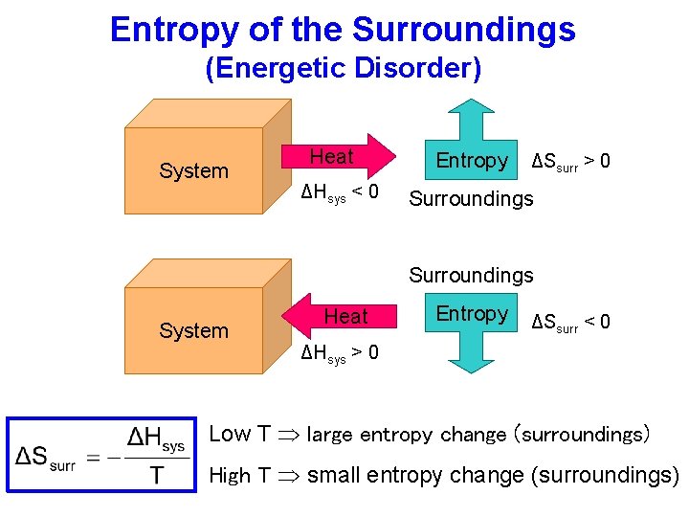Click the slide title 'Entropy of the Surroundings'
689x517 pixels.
pyautogui.click(x=343, y=30)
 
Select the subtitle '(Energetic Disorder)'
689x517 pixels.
pyautogui.click(x=344, y=69)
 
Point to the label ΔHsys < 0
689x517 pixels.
pyautogui.click(x=340, y=193)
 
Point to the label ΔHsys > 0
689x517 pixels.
pyautogui.click(x=340, y=353)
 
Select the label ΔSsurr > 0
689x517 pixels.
pyautogui.click(x=570, y=162)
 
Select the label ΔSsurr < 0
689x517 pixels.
pyautogui.click(x=570, y=323)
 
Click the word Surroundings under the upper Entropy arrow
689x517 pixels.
pyautogui.click(x=471, y=199)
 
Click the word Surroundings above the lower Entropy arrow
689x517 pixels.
pyautogui.click(x=471, y=276)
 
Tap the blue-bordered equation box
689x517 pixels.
pyautogui.click(x=101, y=453)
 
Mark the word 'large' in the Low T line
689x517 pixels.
pyautogui.click(x=330, y=436)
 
